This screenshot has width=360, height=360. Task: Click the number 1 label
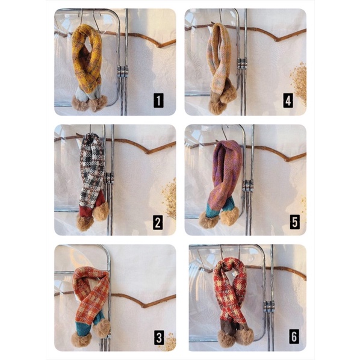click(158, 101)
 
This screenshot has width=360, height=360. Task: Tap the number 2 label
click(158, 222)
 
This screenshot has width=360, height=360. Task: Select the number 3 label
click(159, 337)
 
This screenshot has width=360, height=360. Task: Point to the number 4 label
click(288, 101)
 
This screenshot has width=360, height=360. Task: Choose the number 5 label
click(295, 222)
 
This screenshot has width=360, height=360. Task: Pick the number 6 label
click(294, 337)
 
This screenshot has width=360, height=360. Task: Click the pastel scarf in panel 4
click(220, 69)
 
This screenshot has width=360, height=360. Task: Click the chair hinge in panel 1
click(123, 71)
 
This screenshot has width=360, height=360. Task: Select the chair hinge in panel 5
click(247, 185)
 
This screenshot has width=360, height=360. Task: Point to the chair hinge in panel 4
click(242, 63)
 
